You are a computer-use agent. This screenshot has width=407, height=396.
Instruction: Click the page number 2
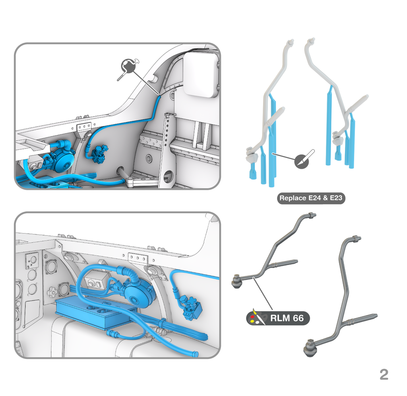384,375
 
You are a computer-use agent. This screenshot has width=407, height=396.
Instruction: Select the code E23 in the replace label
336,198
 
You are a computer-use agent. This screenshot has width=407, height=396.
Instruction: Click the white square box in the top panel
202,75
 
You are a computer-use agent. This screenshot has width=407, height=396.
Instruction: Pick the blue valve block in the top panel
99,153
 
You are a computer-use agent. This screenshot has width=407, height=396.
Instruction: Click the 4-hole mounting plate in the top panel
85,127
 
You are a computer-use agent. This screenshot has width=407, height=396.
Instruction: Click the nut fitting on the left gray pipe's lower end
237,282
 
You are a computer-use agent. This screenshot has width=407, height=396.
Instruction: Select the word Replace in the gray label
293,198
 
